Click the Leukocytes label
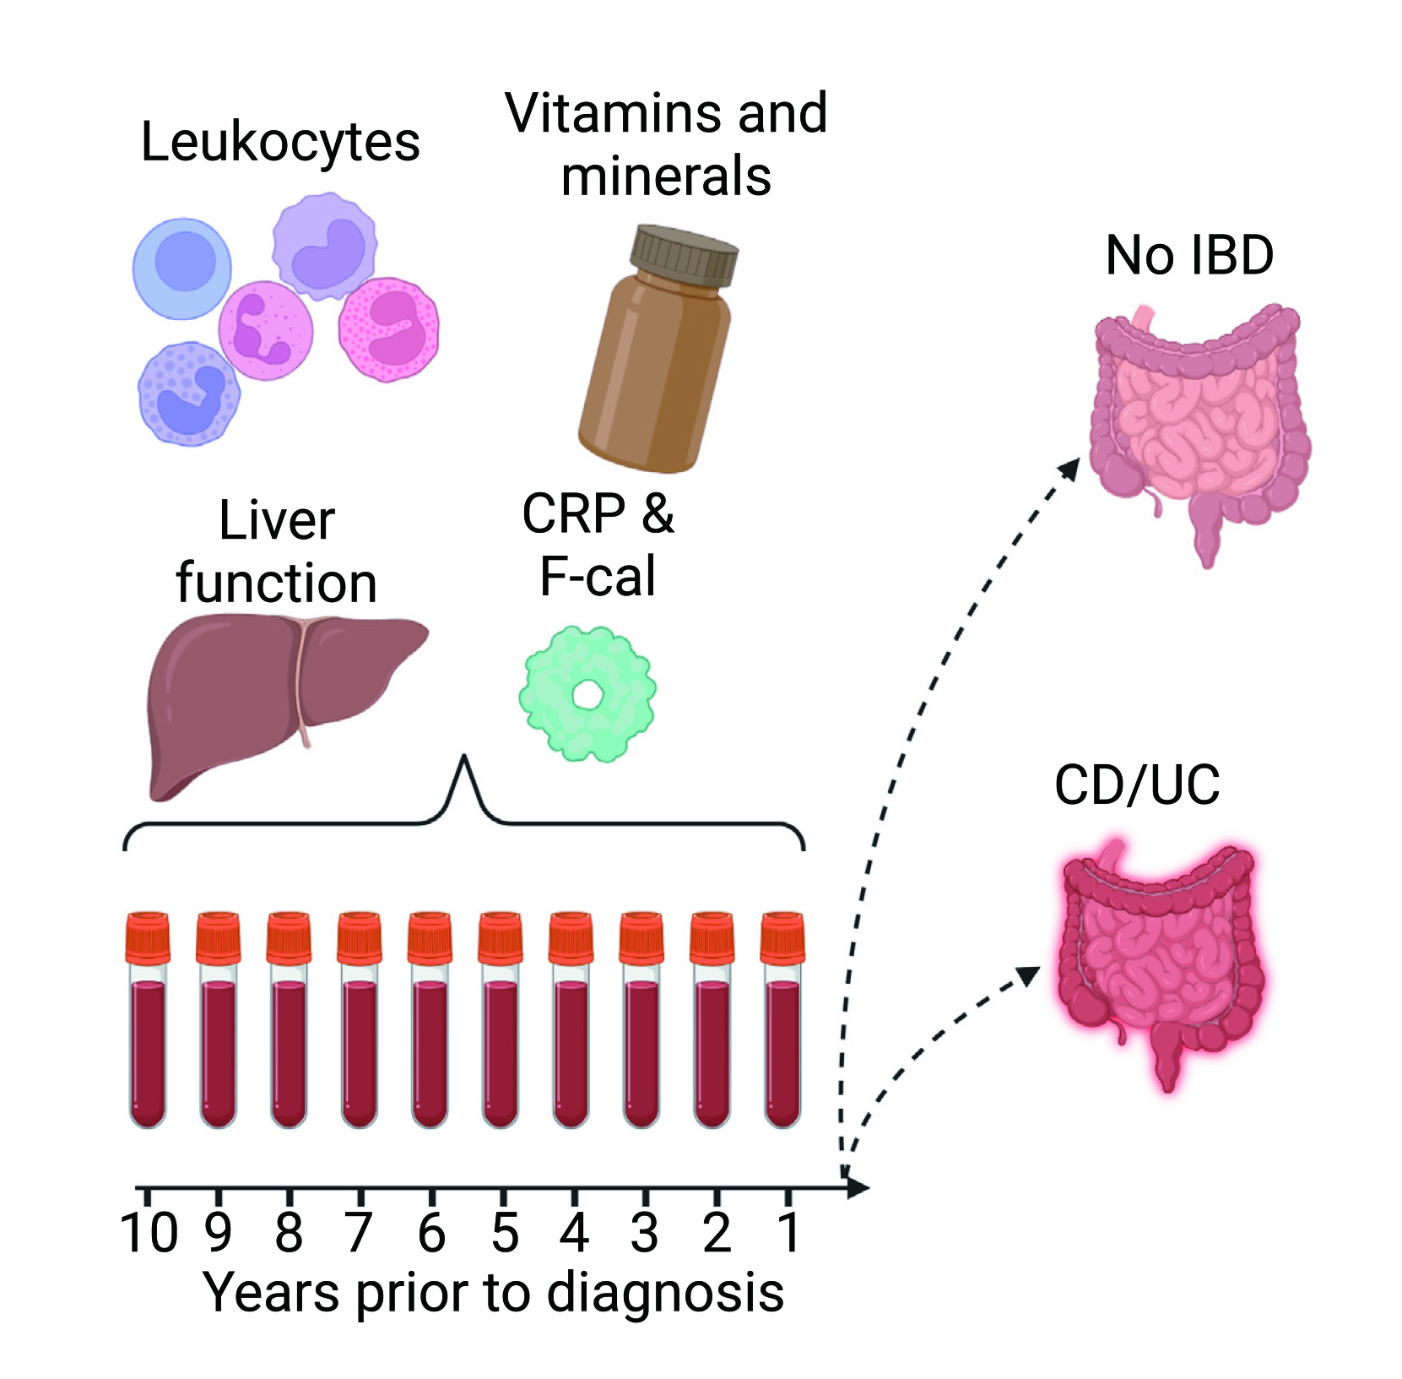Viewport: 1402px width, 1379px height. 280,142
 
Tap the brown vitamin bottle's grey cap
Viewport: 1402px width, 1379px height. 685,255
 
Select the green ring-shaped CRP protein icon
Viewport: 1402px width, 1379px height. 587,694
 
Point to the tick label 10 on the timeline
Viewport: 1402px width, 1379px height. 149,1233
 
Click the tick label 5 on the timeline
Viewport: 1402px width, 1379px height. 504,1233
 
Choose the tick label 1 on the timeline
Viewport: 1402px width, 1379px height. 788,1233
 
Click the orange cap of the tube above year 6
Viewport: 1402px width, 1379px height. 430,937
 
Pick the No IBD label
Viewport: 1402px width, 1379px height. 1189,255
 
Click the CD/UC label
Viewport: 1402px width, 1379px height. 1137,785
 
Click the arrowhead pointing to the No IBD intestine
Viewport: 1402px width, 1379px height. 1070,469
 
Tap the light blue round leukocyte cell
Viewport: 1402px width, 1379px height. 182,268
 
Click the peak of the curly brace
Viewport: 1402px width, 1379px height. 463,760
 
